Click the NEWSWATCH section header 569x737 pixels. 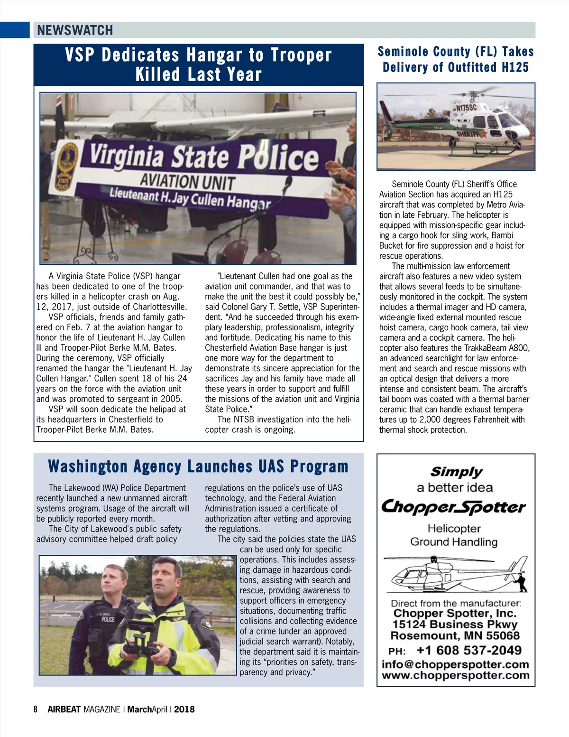point(75,30)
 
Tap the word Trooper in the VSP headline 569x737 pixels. point(301,55)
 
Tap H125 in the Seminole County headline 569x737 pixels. point(515,67)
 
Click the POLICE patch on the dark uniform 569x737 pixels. point(108,619)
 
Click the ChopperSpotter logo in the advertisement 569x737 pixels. point(454,507)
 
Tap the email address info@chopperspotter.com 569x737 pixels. point(455,664)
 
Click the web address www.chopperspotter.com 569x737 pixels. point(455,675)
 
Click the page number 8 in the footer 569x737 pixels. point(36,709)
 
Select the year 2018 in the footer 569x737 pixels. point(184,709)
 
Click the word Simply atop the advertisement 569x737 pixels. point(456,472)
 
